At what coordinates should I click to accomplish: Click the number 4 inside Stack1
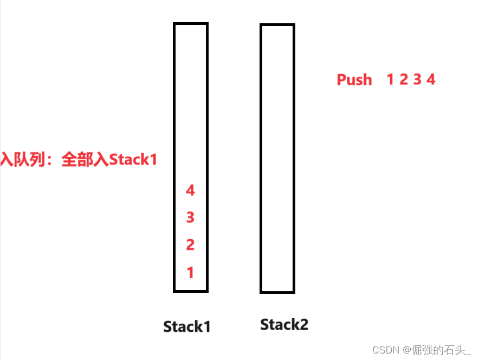(190, 191)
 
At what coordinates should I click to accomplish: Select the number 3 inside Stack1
(190, 218)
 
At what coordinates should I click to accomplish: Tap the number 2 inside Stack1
(190, 245)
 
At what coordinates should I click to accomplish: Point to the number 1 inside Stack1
(190, 273)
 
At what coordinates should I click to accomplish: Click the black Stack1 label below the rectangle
(187, 326)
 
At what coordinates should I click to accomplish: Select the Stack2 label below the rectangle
(284, 325)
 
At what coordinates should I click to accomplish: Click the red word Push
(354, 80)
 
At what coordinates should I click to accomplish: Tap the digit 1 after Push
(390, 80)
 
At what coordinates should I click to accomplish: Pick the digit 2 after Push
(404, 80)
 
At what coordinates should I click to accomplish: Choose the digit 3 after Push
(417, 80)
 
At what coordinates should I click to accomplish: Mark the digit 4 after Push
(431, 80)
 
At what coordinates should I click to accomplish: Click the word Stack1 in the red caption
(133, 160)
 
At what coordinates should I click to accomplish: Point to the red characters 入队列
(22, 160)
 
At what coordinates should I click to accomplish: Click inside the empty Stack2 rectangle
(277, 157)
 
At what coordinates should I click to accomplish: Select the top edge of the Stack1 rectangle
(191, 24)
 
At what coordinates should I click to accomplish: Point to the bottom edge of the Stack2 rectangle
(277, 292)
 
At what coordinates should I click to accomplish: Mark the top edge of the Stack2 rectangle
(277, 25)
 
